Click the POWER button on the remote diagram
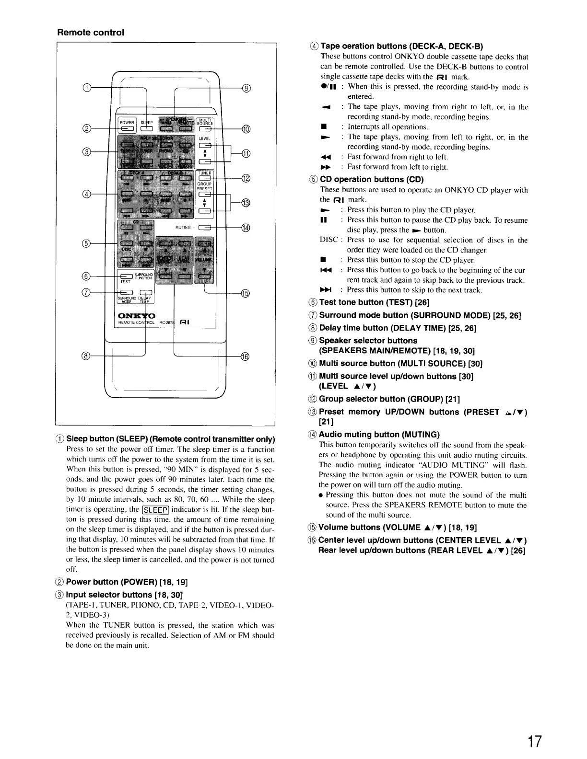127,127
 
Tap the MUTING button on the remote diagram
206,228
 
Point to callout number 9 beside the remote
247,88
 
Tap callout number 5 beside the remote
87,243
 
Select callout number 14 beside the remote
246,228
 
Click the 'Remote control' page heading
91,33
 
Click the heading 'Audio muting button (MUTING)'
379,435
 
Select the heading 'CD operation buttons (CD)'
372,180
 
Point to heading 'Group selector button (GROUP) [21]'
389,399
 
